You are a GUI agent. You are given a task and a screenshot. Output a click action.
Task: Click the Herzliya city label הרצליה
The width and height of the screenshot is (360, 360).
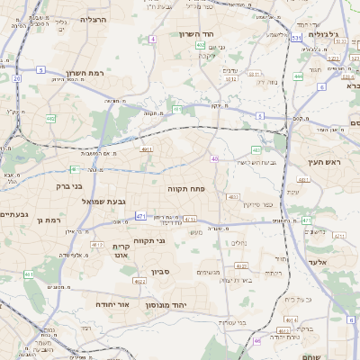[93, 19]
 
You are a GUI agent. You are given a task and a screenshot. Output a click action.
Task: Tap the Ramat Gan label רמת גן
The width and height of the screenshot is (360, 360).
[69, 220]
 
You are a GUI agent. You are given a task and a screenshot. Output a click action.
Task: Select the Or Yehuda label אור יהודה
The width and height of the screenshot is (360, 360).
[112, 303]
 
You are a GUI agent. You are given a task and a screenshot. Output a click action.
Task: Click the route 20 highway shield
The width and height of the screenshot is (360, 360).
[17, 78]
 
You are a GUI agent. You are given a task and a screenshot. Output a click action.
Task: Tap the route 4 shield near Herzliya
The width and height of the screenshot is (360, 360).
[153, 40]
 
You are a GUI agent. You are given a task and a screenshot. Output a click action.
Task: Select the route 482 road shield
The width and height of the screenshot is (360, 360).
[50, 118]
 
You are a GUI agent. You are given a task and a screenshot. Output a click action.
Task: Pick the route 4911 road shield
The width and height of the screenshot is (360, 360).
[146, 149]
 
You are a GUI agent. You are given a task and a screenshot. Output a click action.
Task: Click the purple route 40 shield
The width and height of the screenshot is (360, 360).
[214, 159]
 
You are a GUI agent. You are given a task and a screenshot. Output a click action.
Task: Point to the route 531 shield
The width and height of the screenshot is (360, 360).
[296, 39]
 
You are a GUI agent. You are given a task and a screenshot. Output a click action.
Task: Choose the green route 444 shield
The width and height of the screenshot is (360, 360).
[298, 76]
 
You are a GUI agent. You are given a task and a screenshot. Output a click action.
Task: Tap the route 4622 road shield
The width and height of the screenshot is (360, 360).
[139, 282]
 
